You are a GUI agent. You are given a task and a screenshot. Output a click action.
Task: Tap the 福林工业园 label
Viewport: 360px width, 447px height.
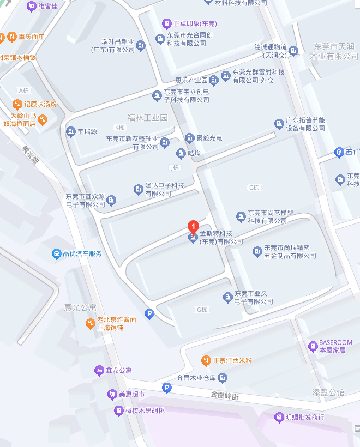[148, 118]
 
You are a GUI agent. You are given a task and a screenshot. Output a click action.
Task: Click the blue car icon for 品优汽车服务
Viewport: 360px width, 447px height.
[56, 253]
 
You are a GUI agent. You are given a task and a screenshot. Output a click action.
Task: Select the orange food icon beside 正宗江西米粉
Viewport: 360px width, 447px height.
[206, 360]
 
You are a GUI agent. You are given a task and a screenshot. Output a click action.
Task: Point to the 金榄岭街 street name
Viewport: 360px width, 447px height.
[225, 394]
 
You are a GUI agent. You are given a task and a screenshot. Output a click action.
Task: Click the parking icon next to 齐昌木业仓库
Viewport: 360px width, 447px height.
[167, 388]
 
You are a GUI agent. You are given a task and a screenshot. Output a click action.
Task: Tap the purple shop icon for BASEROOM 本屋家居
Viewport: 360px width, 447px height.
[313, 346]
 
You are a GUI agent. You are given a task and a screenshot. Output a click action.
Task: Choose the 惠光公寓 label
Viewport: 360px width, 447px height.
[80, 307]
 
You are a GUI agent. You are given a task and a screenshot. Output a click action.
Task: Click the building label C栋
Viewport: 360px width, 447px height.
[254, 188]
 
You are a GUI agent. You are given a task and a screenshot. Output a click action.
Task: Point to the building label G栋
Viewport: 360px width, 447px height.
[202, 310]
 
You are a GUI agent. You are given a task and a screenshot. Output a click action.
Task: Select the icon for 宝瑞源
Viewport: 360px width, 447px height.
[70, 131]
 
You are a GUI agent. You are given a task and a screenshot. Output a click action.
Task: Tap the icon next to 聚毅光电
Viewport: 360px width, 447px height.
[190, 138]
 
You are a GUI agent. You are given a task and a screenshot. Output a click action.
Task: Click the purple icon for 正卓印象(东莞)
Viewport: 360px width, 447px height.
[166, 23]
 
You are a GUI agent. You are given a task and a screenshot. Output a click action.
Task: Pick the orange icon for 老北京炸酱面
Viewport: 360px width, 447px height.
[91, 324]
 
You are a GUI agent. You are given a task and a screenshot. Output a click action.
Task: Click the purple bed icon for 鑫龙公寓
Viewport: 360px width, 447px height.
[99, 371]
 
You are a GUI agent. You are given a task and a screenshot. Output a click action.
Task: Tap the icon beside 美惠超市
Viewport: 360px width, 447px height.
[112, 394]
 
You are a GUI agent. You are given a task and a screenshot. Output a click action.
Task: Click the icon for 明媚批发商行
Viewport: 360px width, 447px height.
[279, 418]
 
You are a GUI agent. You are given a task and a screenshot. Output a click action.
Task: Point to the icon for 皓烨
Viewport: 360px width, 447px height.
[181, 153]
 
